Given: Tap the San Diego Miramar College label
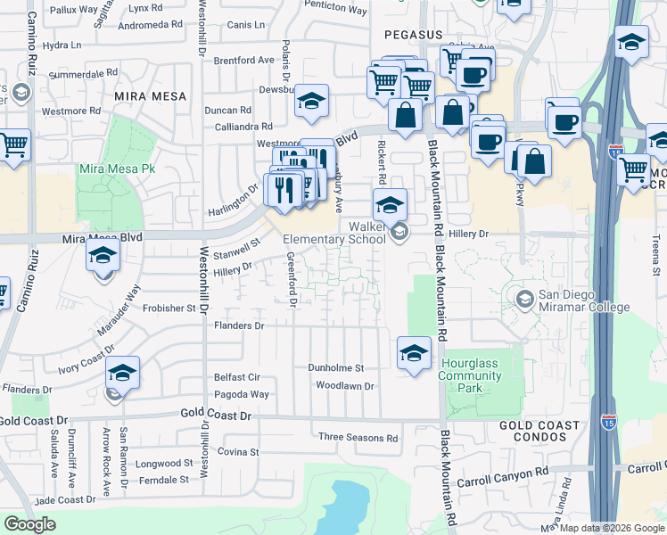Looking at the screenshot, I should [x=583, y=301].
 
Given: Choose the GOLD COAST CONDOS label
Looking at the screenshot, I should [x=533, y=431].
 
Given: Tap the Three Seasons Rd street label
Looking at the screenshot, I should [x=358, y=438].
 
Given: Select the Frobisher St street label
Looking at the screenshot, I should [x=169, y=309].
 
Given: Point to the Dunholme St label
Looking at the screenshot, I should [x=336, y=367].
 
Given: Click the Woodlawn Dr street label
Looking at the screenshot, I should [x=344, y=386].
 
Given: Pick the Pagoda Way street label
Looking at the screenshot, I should [x=241, y=394].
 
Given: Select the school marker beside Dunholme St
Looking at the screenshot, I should [x=414, y=353].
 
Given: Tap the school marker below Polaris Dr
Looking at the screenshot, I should [x=312, y=102].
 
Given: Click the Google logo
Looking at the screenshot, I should [x=29, y=523].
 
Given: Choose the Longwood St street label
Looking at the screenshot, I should [x=164, y=463].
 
